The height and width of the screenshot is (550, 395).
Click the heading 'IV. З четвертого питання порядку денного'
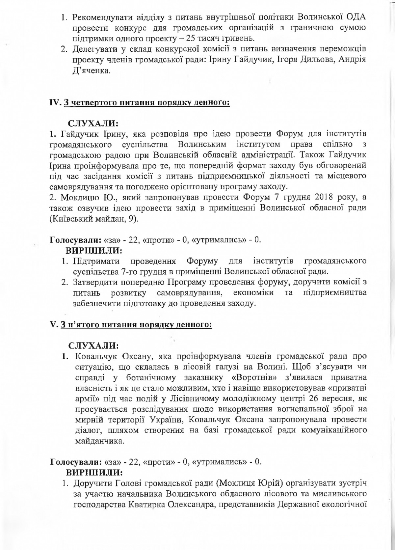[x=139, y=102]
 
